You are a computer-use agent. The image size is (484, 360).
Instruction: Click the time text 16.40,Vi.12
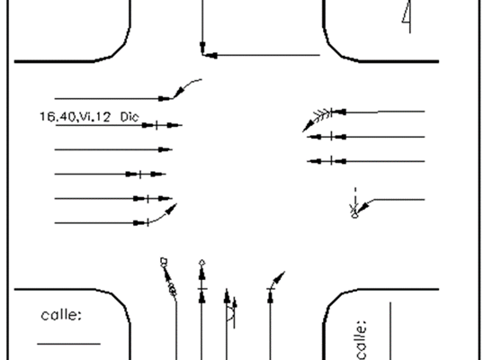point(75,117)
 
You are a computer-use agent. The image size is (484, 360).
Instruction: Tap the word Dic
point(130,117)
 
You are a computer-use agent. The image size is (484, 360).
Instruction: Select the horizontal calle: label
point(61,315)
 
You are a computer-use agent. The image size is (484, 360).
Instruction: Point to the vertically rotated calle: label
point(361,340)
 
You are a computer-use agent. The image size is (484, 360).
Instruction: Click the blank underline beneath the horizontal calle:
point(69,343)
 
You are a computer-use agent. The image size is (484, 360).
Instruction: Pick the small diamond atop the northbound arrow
point(202,263)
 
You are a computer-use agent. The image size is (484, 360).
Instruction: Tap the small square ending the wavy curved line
point(164,262)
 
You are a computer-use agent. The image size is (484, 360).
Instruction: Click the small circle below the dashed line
point(355,215)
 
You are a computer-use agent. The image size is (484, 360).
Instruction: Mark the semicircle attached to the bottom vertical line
point(231,315)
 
